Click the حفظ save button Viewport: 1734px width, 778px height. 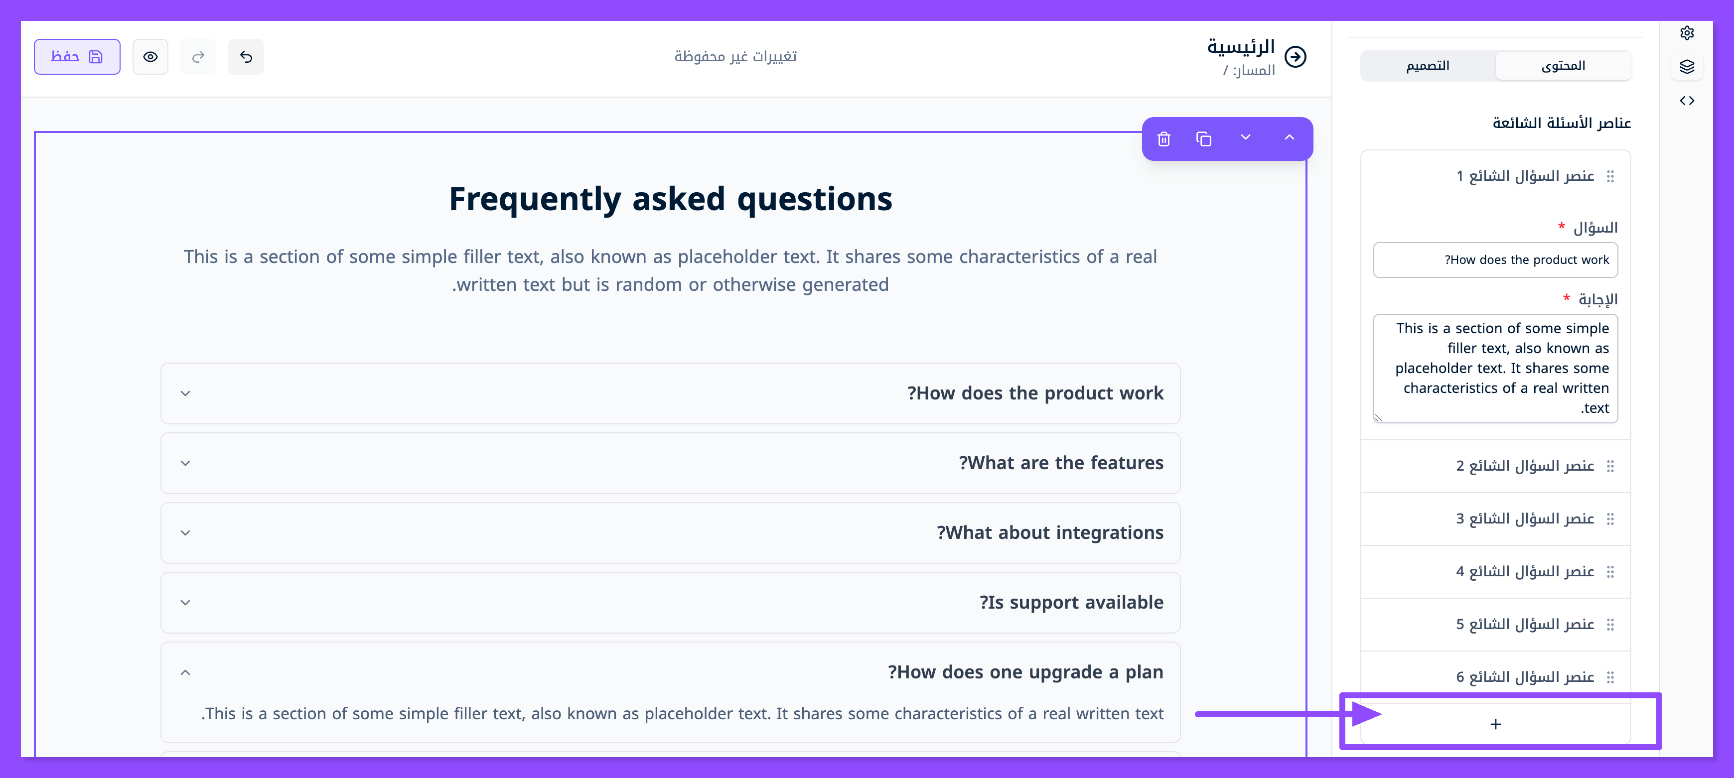point(77,57)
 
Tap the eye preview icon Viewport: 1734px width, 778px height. point(150,57)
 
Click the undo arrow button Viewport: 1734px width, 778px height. point(246,57)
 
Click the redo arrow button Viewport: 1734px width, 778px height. point(198,57)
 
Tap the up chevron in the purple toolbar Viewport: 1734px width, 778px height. point(1289,137)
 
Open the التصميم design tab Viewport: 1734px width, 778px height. point(1428,66)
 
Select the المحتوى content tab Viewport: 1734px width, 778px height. point(1563,66)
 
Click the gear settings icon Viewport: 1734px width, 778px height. point(1687,33)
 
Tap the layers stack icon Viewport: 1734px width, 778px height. point(1687,67)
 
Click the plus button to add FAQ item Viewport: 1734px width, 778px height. point(1496,724)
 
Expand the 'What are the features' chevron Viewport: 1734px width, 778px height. point(186,463)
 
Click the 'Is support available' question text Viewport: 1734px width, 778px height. point(1071,602)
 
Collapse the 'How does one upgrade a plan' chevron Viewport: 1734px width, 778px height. point(186,672)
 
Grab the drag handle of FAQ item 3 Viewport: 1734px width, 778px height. point(1610,519)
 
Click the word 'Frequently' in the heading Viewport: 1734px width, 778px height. point(535,199)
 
